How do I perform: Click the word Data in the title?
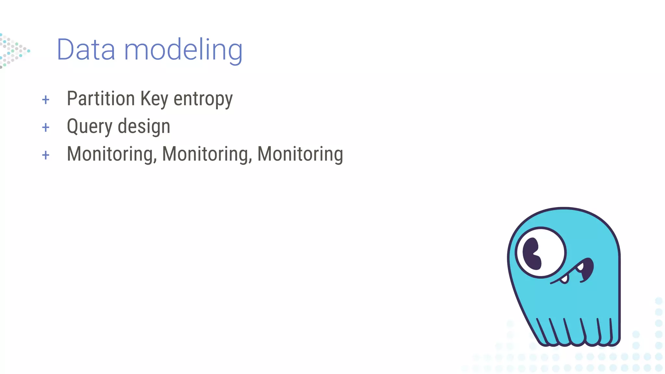(x=86, y=50)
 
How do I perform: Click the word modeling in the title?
(x=183, y=50)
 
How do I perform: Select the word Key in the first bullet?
(x=154, y=99)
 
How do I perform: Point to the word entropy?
(x=203, y=99)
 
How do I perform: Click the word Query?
(x=89, y=127)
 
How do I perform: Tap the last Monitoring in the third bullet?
(x=300, y=154)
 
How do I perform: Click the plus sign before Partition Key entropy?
(x=46, y=100)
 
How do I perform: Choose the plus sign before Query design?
(x=46, y=127)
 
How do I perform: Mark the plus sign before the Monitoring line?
(x=46, y=155)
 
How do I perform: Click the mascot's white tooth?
(x=565, y=279)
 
